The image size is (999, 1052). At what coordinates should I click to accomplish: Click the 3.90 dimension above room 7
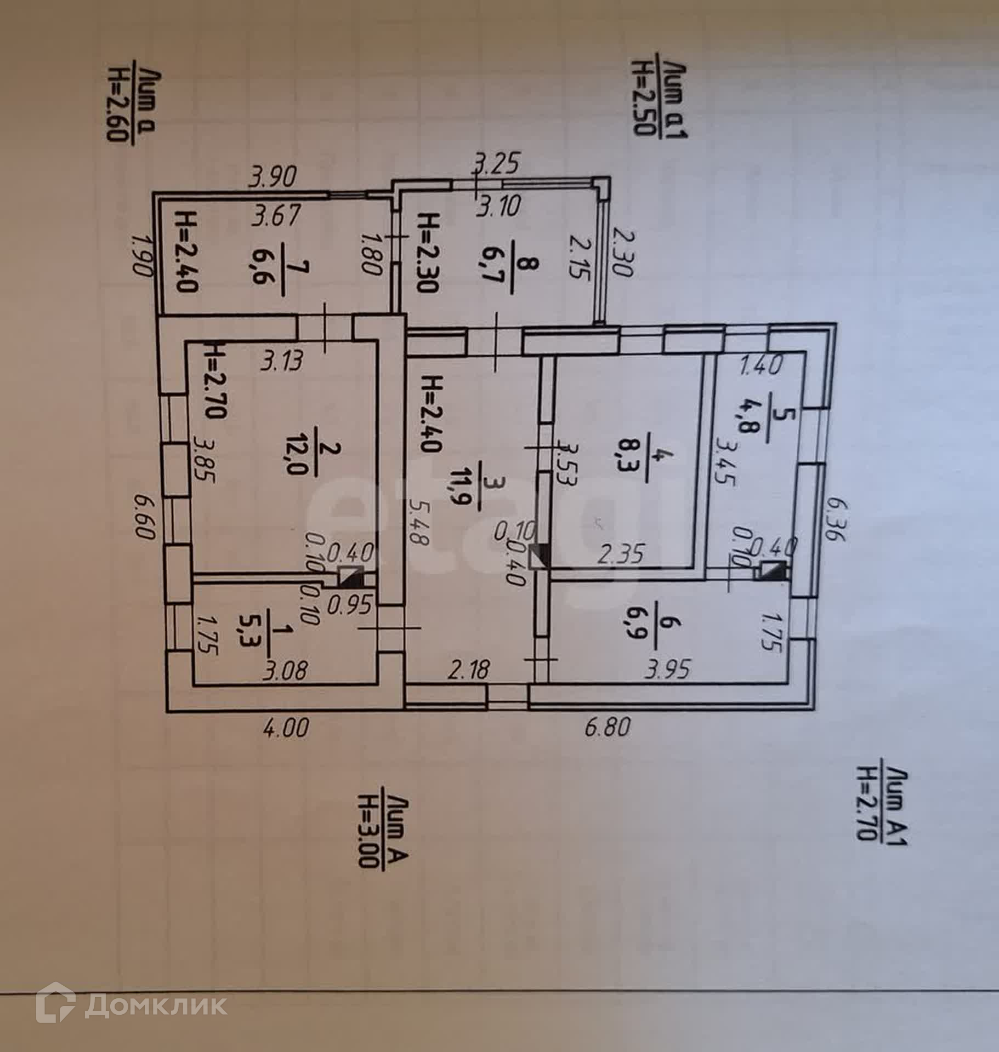(x=273, y=178)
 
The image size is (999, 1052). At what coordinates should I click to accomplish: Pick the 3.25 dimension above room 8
(x=496, y=165)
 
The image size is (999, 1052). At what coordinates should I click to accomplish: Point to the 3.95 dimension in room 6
(x=667, y=670)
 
